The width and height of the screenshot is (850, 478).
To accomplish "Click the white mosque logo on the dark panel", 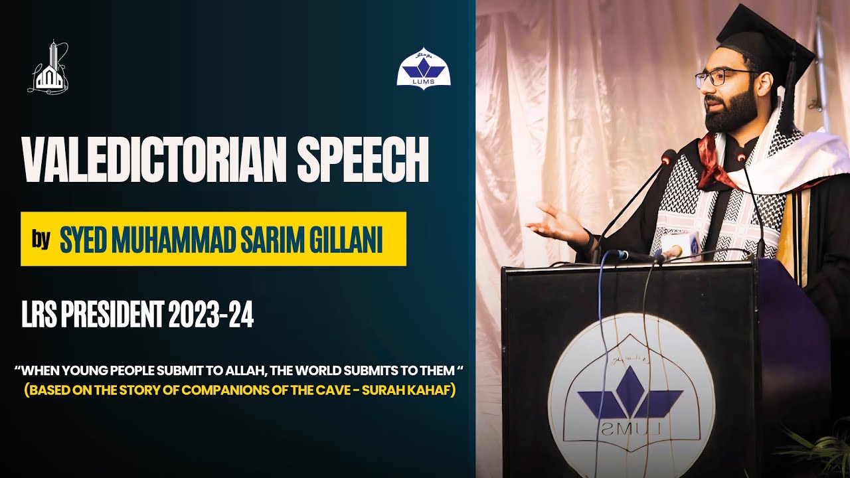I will pos(48,68).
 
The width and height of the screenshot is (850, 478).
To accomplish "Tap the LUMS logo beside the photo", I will pos(424,68).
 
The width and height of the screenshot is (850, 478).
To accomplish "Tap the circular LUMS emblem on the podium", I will pos(631,398).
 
